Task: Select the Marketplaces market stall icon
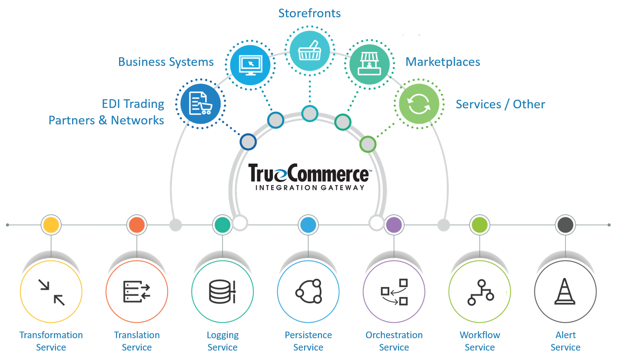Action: [369, 64]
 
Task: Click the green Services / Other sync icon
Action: [419, 104]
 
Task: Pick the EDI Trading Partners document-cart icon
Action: [200, 104]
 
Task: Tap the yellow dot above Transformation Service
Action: [51, 225]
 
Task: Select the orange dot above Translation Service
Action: [137, 225]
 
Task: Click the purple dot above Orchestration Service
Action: [394, 225]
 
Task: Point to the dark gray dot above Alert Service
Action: [565, 225]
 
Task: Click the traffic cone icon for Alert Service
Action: [565, 292]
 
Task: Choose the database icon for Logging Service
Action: [222, 292]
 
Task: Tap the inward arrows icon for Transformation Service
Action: [51, 292]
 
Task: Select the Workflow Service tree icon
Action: [480, 292]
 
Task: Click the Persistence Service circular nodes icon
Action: [309, 291]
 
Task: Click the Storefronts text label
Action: [309, 13]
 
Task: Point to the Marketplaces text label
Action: [442, 62]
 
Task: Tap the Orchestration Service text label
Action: [394, 341]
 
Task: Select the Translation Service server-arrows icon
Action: [137, 292]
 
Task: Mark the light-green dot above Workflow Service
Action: [480, 225]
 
